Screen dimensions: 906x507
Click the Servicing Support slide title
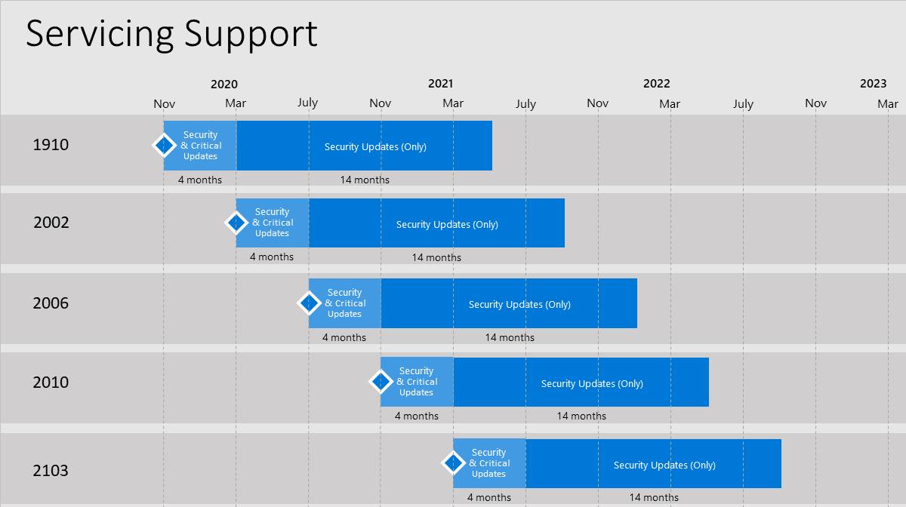(171, 35)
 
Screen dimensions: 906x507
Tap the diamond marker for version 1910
(164, 145)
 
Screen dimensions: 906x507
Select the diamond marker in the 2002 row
(236, 223)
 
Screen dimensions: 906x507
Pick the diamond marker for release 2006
(309, 303)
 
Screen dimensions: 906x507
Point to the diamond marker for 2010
(381, 381)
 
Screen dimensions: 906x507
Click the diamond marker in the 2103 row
(453, 462)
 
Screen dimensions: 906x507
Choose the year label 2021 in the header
(440, 84)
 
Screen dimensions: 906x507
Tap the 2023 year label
(873, 84)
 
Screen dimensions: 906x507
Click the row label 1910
(51, 145)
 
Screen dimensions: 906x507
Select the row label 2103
(51, 471)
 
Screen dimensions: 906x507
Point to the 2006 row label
(51, 303)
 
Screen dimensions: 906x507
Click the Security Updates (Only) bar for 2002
(437, 223)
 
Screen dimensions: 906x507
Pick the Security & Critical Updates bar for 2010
(417, 382)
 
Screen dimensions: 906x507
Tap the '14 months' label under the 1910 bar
(365, 180)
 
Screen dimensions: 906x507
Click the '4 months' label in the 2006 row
(344, 337)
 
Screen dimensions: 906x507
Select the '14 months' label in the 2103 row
(654, 497)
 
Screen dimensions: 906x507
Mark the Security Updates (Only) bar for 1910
(365, 146)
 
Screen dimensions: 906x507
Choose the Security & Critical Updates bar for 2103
(489, 463)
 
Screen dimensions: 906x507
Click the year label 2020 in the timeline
(224, 84)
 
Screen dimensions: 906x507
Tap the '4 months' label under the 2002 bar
(272, 257)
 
